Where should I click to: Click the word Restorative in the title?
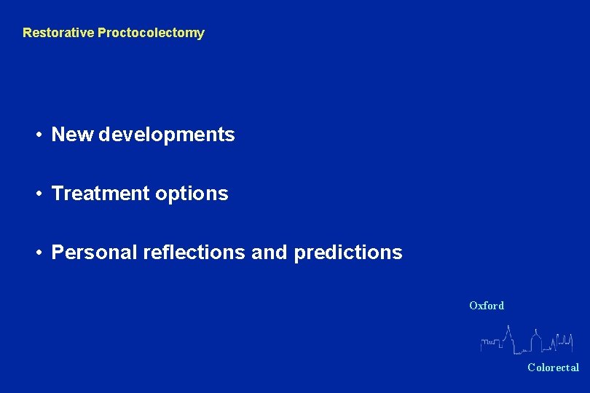tap(58, 33)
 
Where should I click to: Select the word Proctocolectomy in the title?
tap(151, 33)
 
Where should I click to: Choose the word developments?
tap(167, 135)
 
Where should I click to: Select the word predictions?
tap(347, 253)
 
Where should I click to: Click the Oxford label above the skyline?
tap(487, 306)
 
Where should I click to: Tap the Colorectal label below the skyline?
tap(554, 368)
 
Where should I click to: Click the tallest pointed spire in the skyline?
tap(508, 332)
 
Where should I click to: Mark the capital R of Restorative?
tap(27, 33)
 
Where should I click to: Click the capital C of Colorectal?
tap(532, 368)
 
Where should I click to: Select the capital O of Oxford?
tap(473, 306)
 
